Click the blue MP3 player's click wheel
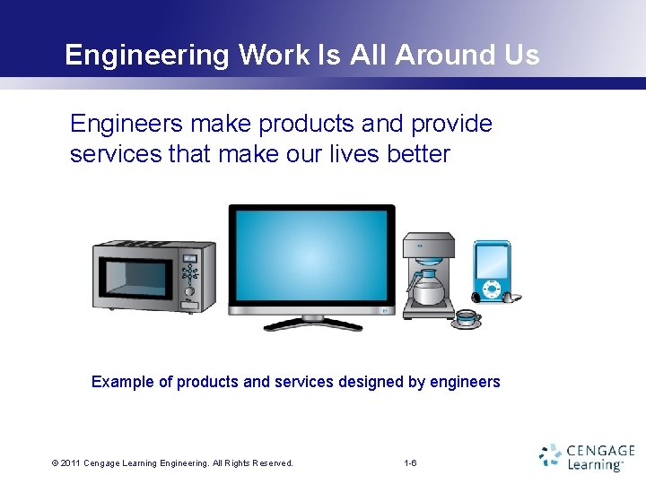click(x=491, y=290)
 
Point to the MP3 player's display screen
click(x=492, y=260)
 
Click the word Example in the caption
click(x=122, y=382)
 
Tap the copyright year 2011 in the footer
click(x=72, y=463)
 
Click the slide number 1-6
click(x=411, y=463)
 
